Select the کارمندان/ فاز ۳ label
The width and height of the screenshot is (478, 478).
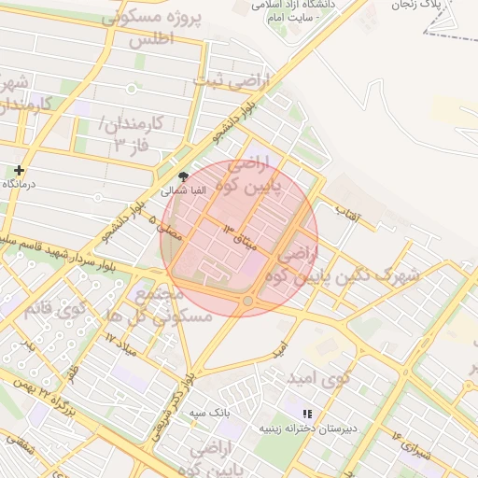[131, 134]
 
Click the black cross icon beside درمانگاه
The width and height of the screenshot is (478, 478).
[20, 170]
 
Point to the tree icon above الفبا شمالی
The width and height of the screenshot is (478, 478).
[183, 176]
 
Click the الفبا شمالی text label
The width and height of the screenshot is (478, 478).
[182, 190]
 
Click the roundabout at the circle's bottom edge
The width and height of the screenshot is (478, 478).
[247, 302]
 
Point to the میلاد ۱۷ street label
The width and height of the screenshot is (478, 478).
[120, 340]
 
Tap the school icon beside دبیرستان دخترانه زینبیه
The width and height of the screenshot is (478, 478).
[307, 414]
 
